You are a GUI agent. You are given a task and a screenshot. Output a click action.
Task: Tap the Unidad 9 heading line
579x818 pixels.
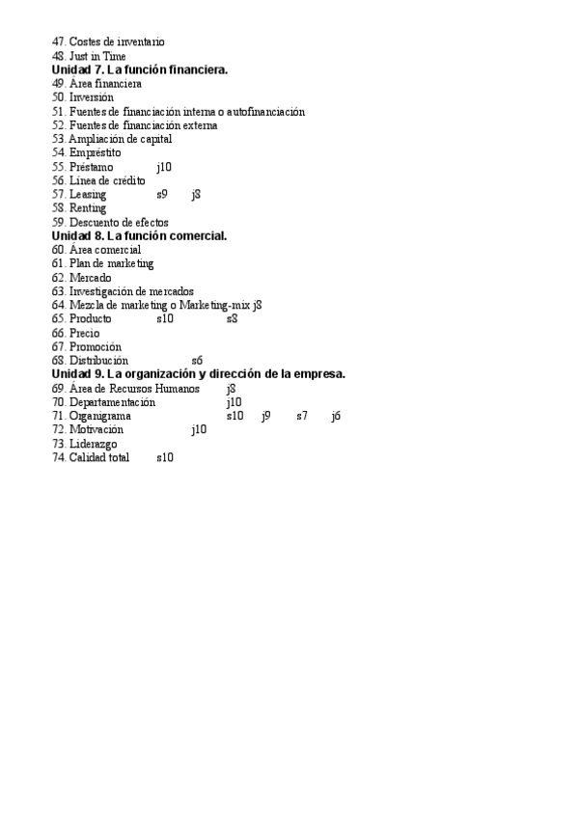198,374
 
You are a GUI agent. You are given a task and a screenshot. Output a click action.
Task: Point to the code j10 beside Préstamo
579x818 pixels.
164,167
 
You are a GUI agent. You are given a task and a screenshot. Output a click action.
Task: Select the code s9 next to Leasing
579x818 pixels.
162,195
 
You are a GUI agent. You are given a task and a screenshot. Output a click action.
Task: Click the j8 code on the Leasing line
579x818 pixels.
196,195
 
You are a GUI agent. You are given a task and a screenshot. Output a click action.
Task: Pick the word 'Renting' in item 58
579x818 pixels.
88,208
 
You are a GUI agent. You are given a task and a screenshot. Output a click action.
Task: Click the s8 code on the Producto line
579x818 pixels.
232,318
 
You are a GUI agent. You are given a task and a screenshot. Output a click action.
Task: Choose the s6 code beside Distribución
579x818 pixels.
197,361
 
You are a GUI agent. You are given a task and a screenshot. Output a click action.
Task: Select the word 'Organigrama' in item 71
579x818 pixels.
99,416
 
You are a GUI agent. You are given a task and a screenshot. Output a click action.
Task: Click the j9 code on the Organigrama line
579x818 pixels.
266,416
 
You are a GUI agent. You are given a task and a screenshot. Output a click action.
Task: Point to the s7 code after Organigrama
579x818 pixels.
302,416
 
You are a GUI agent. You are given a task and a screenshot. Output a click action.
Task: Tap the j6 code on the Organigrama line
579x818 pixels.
336,416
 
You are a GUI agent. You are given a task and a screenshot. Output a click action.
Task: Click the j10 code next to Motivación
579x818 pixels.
199,430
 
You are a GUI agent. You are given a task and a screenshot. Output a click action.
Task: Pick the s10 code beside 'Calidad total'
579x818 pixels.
165,458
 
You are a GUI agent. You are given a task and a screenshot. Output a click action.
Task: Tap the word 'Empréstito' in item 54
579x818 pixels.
95,152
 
